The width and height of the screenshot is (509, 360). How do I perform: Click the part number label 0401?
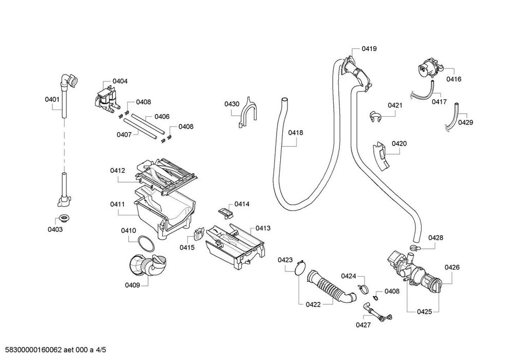(x=52, y=100)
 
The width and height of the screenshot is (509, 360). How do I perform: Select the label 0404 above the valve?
(x=120, y=81)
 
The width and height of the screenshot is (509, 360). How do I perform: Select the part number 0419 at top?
(x=369, y=49)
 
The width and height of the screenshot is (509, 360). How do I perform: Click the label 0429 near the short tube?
(x=465, y=122)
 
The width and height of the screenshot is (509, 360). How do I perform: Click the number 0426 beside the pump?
(x=452, y=267)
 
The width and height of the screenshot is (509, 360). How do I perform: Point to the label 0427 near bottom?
(x=363, y=325)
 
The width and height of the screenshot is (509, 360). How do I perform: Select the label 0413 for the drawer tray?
(x=263, y=228)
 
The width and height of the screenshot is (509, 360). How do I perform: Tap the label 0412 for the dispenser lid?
(x=118, y=170)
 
